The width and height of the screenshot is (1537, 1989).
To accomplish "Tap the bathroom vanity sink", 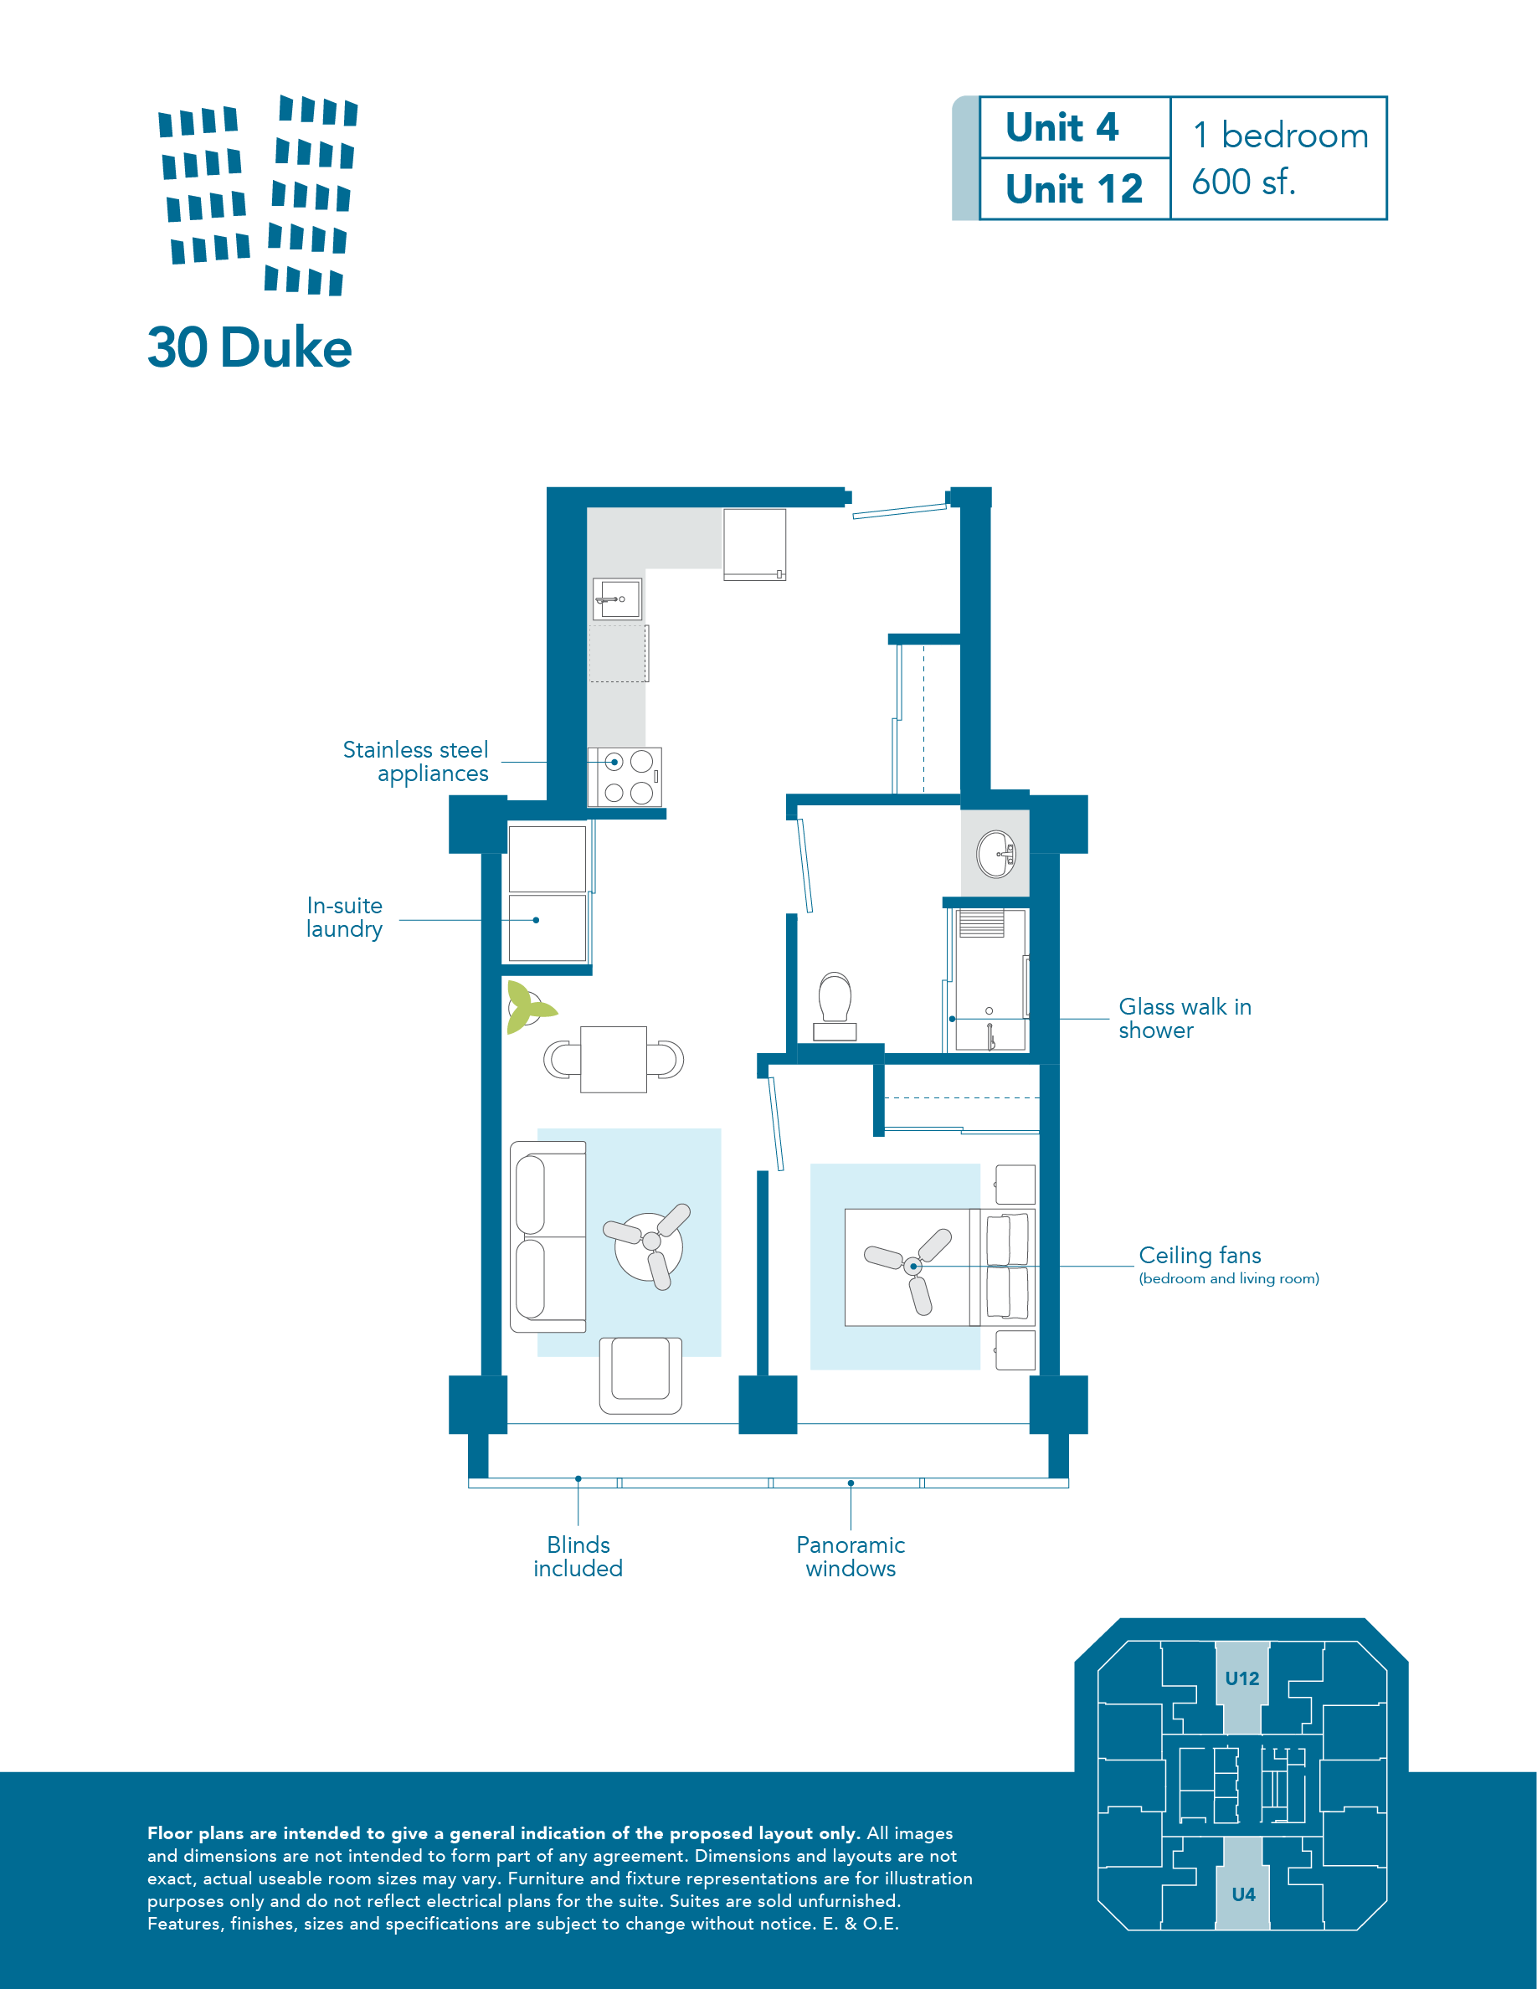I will [x=996, y=853].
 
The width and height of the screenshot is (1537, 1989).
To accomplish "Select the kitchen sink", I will [x=617, y=599].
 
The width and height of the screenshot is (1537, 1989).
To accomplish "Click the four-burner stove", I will [x=625, y=777].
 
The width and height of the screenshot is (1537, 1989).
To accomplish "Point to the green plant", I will [x=527, y=1006].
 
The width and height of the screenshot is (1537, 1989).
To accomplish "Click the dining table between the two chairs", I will [x=614, y=1059].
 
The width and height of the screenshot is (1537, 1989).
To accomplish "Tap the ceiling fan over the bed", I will [x=912, y=1266].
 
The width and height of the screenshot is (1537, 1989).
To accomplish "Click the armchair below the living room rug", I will [x=641, y=1375].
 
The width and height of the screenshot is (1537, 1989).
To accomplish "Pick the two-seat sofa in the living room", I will [x=547, y=1236].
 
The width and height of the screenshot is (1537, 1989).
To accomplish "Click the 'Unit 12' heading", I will [x=1073, y=189].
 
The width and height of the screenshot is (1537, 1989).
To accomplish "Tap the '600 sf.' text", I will [x=1243, y=182].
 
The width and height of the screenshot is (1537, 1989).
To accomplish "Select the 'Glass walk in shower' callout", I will [x=1184, y=1018].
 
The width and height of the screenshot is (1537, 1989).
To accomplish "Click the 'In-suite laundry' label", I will [x=344, y=917].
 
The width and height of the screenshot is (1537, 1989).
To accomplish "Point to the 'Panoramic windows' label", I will [x=851, y=1556].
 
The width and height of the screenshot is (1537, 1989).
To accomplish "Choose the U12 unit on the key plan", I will [x=1242, y=1678].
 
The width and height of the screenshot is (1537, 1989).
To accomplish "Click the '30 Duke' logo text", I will [x=249, y=348].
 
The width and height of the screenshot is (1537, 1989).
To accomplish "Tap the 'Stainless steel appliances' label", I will [x=416, y=761].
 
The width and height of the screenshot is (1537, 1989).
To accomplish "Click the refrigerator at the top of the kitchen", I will [x=755, y=543].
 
